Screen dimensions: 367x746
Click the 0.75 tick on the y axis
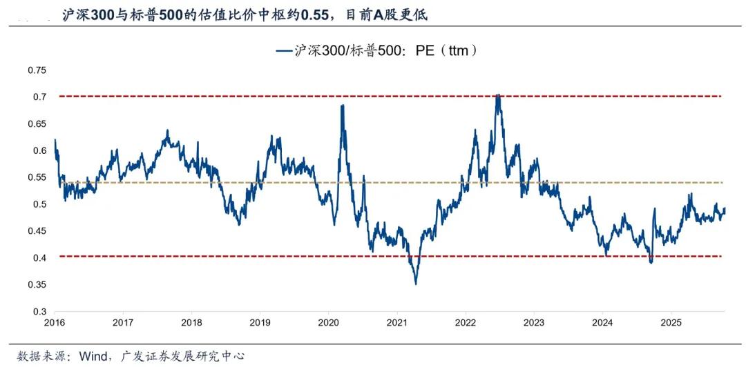[x=37, y=70]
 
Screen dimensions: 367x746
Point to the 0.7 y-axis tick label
[x=39, y=97]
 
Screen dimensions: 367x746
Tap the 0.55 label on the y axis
[x=37, y=177]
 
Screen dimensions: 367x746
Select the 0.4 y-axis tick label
[x=39, y=258]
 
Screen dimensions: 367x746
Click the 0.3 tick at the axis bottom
[x=39, y=312]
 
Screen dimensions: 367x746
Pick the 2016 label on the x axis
[x=55, y=323]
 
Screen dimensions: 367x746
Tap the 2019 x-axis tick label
[x=260, y=323]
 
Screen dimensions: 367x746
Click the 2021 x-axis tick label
[x=397, y=323]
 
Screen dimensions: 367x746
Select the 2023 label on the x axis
[x=534, y=323]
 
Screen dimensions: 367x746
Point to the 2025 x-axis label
[x=671, y=323]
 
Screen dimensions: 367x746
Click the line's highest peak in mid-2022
[x=498, y=95]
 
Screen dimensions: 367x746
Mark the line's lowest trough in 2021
[x=416, y=283]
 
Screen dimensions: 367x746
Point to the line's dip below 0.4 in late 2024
[x=650, y=262]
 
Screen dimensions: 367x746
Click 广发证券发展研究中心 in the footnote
[x=182, y=356]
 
